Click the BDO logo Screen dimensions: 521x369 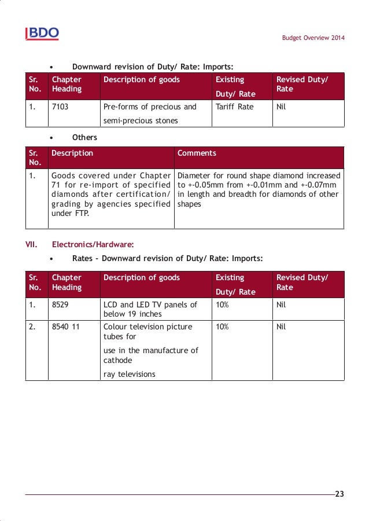42,34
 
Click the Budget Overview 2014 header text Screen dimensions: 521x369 313,38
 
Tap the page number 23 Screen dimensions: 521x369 339,494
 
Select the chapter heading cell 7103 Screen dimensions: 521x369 60,107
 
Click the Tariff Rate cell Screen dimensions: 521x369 234,107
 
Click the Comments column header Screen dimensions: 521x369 197,153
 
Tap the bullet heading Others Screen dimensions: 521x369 84,138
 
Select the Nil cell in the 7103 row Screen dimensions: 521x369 282,107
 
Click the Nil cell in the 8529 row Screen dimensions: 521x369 282,304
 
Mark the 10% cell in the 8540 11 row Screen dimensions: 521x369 222,326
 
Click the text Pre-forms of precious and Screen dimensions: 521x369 150,107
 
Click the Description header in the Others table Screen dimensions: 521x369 72,153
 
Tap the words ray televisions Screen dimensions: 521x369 130,374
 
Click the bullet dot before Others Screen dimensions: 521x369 52,138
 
